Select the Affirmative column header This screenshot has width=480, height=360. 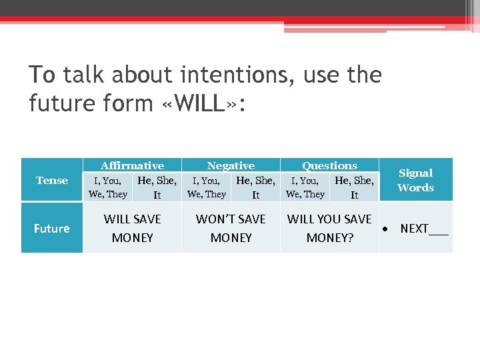point(132,165)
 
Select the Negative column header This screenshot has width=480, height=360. point(231,165)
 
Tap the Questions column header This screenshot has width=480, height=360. point(329,165)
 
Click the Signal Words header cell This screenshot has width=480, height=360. point(415,180)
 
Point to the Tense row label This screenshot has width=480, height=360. point(52,180)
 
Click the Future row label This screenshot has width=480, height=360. point(52,228)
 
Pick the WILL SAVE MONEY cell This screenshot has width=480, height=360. point(132,228)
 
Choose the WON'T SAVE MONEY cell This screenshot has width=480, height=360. point(231,228)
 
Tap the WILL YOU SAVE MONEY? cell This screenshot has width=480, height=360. point(329,228)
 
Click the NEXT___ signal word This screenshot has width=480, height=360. point(424,228)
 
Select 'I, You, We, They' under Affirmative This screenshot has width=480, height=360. point(107,187)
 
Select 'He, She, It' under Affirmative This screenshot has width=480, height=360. point(157,187)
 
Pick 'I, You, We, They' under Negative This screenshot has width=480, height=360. point(206,187)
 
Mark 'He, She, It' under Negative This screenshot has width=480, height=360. point(255,187)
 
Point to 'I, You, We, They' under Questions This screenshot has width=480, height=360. point(305,187)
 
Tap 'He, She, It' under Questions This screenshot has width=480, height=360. point(354,187)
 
